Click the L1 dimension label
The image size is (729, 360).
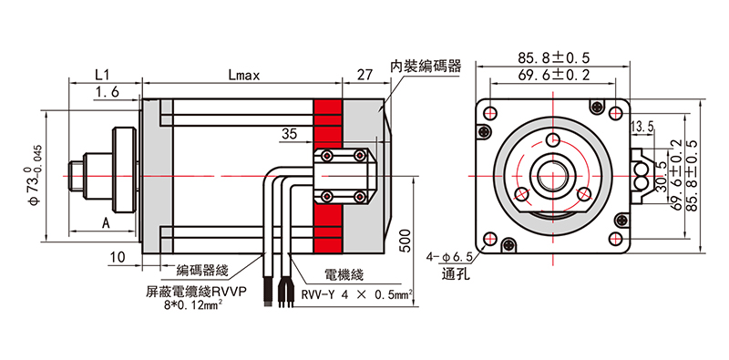click(101, 75)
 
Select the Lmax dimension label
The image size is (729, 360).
click(243, 75)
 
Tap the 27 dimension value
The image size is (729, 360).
click(365, 75)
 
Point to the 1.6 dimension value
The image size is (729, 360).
click(107, 92)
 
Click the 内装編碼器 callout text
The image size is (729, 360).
click(426, 67)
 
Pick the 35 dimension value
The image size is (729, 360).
click(290, 134)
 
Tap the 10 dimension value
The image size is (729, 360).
click(117, 258)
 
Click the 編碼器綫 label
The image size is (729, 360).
click(201, 271)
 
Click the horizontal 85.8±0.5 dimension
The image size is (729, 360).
click(553, 57)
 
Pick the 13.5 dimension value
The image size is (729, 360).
click(643, 125)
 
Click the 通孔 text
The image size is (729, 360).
click(455, 274)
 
